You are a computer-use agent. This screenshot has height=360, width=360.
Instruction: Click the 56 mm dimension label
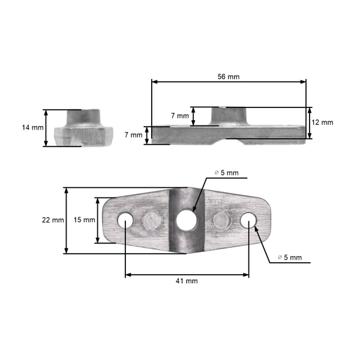229,76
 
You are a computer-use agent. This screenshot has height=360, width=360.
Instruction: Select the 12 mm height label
322,122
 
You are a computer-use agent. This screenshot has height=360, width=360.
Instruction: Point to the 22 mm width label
53,220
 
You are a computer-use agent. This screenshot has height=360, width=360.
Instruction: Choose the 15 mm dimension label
84,220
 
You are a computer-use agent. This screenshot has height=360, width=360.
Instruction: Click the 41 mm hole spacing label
187,281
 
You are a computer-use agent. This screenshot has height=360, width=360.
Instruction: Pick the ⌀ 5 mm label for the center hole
226,173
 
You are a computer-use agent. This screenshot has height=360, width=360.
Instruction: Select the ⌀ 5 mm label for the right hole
290,257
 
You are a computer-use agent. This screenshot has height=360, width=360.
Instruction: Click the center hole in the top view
186,220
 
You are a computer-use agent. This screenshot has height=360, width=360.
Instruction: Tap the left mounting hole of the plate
125,220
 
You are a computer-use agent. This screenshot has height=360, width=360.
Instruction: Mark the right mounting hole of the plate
248,220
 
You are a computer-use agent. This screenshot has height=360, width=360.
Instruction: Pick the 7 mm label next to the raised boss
179,115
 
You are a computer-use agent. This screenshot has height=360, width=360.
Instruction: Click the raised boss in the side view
230,115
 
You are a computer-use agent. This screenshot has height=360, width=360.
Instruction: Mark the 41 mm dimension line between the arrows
187,275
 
